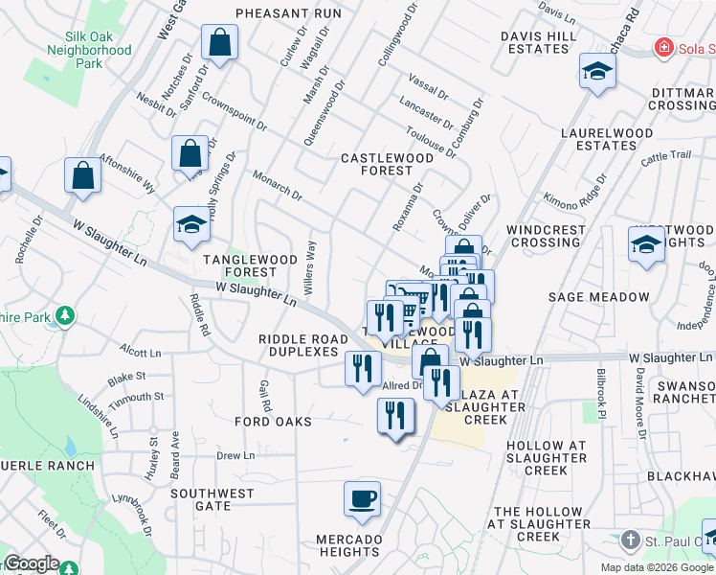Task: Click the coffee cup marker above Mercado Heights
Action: click(362, 499)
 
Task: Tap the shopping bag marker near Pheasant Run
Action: click(220, 42)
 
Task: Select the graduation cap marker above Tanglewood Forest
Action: click(191, 225)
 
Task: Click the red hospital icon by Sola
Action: click(661, 48)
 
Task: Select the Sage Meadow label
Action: click(586, 297)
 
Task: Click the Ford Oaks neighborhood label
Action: click(274, 422)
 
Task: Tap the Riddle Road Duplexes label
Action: click(303, 345)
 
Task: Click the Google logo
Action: click(33, 564)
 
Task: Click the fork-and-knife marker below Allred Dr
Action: click(395, 416)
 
